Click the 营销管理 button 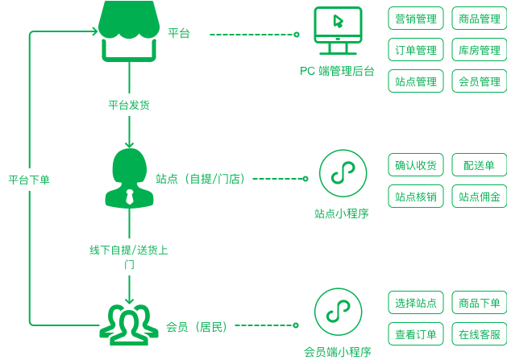pos(416,19)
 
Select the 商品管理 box pos(480,19)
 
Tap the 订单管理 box pos(416,50)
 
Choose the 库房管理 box pos(480,50)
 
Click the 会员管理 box pos(480,81)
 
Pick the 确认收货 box pos(416,166)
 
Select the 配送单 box pos(480,166)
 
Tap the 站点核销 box pos(416,196)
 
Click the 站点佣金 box pos(480,196)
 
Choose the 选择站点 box pos(416,304)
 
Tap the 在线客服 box pos(480,334)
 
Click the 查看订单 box pos(416,334)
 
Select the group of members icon pos(129,323)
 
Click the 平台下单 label pos(29,180)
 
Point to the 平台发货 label pos(129,105)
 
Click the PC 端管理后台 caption pos(337,71)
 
